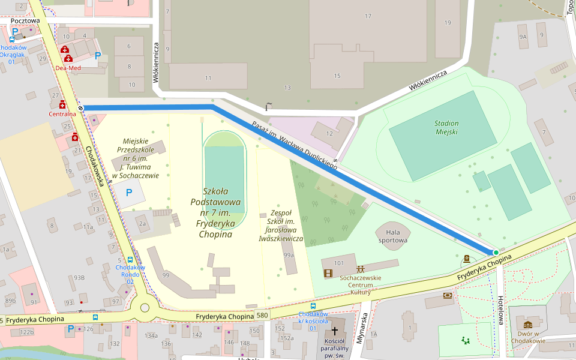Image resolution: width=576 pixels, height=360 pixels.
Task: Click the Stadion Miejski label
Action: tap(446, 127)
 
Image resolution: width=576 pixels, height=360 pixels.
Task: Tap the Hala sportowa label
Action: tap(393, 236)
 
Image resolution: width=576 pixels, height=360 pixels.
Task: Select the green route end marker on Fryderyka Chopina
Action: tap(496, 253)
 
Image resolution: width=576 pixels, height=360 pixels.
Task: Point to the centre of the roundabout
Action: tap(144, 308)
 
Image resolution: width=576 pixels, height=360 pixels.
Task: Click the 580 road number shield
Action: tap(262, 315)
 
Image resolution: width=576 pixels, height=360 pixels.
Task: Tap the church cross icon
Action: tap(334, 331)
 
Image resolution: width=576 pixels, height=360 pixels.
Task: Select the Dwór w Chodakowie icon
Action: tap(528, 325)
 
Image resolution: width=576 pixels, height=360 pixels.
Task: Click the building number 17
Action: tap(368, 16)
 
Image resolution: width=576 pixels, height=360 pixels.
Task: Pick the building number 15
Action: tap(337, 76)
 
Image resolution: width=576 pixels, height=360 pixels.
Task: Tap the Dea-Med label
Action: tap(68, 68)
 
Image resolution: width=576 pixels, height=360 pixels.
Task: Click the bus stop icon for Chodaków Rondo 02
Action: tap(130, 260)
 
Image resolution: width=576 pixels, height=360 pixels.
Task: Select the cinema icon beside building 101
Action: tap(328, 274)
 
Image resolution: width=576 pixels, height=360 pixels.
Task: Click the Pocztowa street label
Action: tap(25, 21)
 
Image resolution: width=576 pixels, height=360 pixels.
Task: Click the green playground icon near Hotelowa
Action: tap(465, 341)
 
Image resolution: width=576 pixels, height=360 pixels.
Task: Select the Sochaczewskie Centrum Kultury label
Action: tap(360, 285)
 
